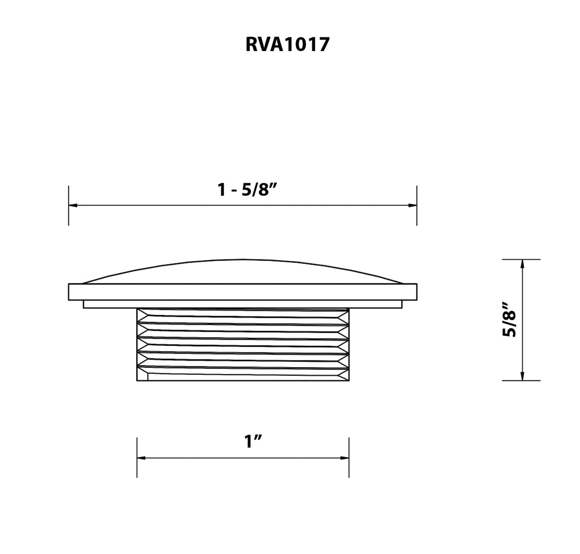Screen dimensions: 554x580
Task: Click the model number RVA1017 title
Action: (x=287, y=45)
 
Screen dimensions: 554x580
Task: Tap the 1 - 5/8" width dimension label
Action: (x=248, y=190)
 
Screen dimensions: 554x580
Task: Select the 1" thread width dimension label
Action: (x=253, y=442)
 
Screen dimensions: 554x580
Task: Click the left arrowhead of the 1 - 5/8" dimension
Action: (x=73, y=205)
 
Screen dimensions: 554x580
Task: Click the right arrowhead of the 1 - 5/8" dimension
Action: (x=413, y=205)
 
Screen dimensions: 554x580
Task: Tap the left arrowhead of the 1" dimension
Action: (x=141, y=458)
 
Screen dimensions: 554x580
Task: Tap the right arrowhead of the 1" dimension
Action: (x=345, y=458)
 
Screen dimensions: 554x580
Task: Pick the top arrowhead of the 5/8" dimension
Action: (x=522, y=264)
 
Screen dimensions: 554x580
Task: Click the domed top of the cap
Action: (x=243, y=272)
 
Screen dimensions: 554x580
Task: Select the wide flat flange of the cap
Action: (x=243, y=292)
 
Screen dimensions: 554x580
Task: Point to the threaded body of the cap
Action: (x=243, y=345)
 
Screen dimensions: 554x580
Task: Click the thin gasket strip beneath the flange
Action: (x=243, y=305)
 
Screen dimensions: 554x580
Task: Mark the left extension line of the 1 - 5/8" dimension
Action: (x=69, y=217)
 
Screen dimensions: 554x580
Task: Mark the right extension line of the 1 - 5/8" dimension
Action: (x=417, y=217)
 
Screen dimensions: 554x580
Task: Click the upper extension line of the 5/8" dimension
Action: (x=532, y=260)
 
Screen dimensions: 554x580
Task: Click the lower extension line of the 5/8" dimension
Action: (x=532, y=380)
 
